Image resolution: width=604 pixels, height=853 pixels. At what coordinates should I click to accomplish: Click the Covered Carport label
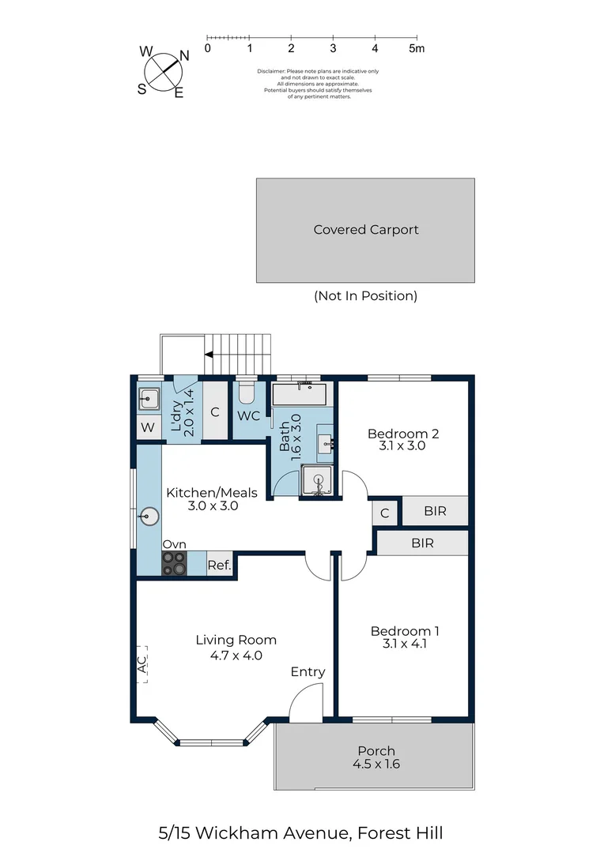click(x=366, y=230)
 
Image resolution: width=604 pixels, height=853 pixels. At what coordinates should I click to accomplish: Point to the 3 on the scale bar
click(x=333, y=48)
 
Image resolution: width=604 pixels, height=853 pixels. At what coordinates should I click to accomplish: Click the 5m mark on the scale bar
click(x=417, y=48)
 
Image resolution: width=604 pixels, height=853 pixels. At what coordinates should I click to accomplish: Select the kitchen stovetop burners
click(x=174, y=563)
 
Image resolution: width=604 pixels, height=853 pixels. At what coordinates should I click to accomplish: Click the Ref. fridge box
click(x=220, y=565)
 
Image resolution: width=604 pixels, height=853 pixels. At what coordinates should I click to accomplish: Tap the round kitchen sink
click(x=149, y=516)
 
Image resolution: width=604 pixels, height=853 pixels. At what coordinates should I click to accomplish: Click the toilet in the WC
click(x=247, y=393)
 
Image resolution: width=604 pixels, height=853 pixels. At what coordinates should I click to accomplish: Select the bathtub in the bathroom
click(x=299, y=394)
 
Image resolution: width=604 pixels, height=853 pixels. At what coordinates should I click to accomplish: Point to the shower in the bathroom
click(x=317, y=480)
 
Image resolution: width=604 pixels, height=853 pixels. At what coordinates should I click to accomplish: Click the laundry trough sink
click(x=148, y=400)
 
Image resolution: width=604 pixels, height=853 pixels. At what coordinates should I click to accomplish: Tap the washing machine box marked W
click(x=148, y=427)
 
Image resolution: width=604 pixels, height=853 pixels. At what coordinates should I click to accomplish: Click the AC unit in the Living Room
click(x=142, y=664)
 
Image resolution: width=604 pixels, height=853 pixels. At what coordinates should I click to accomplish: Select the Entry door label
click(x=308, y=672)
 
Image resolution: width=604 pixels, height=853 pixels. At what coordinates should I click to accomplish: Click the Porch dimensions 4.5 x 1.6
click(x=376, y=764)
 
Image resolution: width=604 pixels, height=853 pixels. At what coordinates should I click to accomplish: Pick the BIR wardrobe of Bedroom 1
click(x=423, y=543)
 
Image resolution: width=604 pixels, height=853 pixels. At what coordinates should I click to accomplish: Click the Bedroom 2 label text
click(x=403, y=434)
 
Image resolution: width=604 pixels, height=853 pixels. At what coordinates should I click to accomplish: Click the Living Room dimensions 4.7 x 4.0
click(x=236, y=656)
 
